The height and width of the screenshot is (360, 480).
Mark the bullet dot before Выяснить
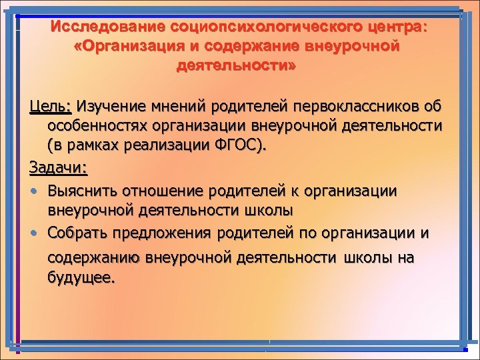(x=33, y=191)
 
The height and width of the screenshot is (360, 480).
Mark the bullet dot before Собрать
(x=33, y=234)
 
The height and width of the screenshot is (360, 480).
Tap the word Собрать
(x=76, y=233)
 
